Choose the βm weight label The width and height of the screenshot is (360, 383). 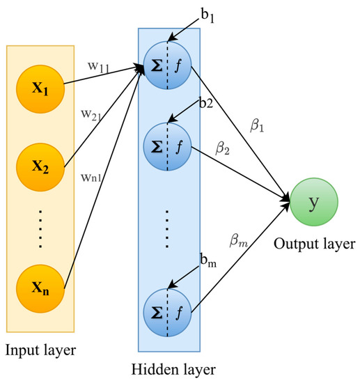click(x=239, y=242)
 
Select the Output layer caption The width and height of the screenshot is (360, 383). click(x=315, y=244)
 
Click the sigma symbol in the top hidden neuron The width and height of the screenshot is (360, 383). click(x=157, y=68)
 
